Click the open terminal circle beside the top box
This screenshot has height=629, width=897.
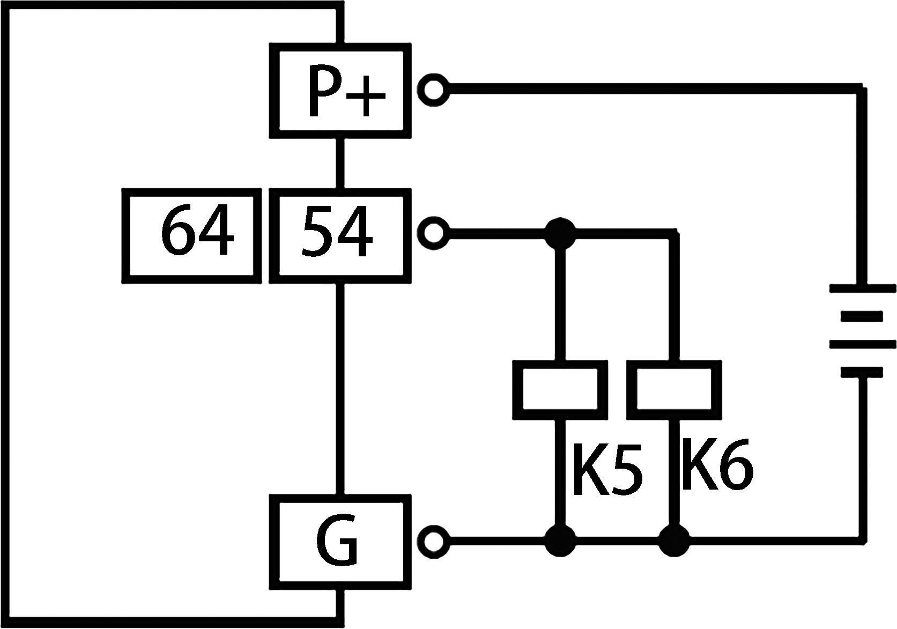433,89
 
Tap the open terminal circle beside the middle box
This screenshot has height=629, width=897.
433,233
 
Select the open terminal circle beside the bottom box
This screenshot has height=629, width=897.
433,541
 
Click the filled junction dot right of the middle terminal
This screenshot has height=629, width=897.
560,233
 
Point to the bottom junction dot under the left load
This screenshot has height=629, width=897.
560,541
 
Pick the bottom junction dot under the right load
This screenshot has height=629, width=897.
674,541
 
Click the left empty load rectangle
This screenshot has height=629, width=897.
560,390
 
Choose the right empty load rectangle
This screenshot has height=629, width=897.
674,390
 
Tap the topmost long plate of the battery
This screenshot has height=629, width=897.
862,288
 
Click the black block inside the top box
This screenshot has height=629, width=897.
347,90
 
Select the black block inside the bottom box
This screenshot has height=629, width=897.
337,540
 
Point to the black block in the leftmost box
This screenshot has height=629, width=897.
198,230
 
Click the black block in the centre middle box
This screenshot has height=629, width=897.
337,231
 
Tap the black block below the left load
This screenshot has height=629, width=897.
608,469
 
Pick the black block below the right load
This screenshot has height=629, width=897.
718,464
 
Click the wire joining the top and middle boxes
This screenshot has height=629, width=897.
339,163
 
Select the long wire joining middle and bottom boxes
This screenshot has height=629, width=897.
339,389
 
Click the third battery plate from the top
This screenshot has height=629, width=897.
862,344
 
